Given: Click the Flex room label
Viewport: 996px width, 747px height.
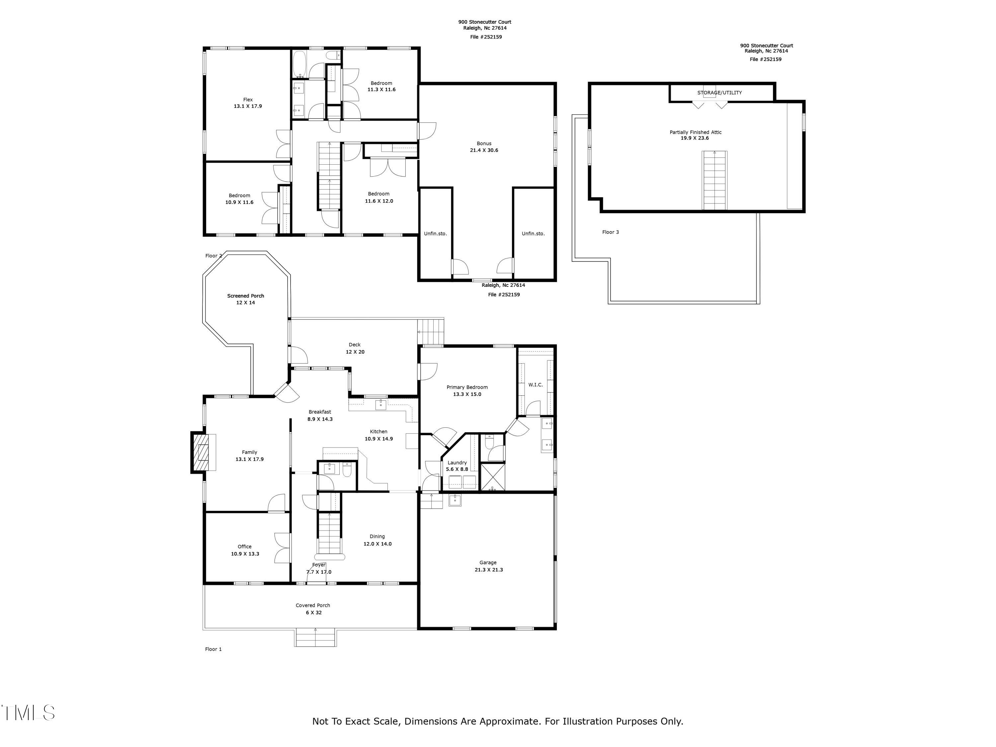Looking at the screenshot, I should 248,100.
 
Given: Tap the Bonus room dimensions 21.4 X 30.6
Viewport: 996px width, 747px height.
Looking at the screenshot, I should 484,150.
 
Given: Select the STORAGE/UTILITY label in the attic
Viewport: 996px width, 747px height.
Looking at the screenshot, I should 719,93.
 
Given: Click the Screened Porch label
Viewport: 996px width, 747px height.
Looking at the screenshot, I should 245,296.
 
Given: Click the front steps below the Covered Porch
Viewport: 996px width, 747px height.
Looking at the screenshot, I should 315,637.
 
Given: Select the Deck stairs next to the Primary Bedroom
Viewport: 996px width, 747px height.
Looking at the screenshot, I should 431,331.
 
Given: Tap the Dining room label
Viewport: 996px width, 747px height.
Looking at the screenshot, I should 377,536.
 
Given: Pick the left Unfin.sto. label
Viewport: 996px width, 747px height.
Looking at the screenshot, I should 435,234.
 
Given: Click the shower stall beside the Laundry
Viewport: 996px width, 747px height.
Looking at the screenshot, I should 493,477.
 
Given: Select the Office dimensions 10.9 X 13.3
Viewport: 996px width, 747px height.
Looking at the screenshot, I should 245,554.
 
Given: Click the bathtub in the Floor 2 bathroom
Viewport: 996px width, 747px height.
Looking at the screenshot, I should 299,64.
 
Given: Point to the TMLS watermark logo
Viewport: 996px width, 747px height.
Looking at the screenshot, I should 28,713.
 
